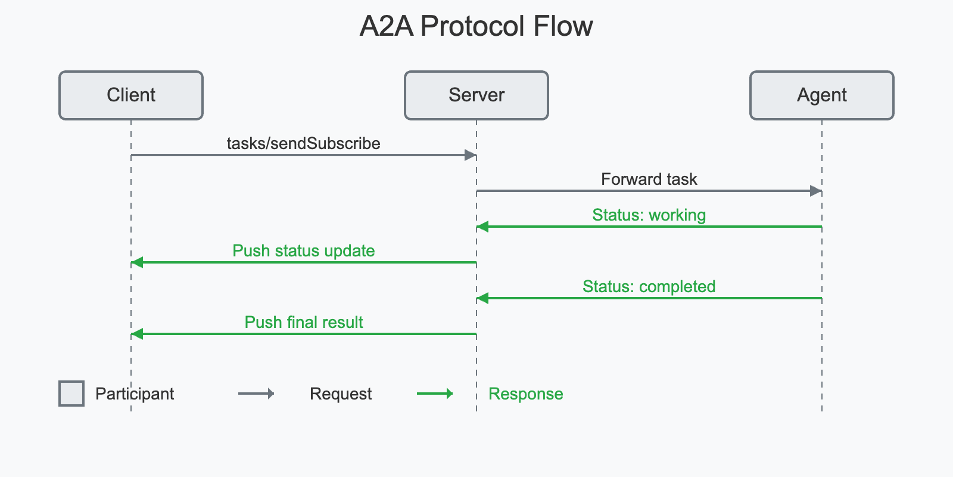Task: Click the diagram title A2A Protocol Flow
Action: pos(476,27)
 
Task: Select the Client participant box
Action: pos(131,95)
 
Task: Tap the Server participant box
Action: pos(476,95)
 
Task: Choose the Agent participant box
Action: pos(822,95)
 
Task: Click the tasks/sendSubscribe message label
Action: pos(303,144)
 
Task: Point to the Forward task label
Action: pos(649,179)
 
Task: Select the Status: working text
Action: pos(649,215)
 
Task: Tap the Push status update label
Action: pos(303,251)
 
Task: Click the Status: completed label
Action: pos(649,287)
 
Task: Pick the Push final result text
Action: pos(303,323)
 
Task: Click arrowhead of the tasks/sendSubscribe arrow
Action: pos(471,155)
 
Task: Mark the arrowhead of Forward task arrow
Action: pos(816,191)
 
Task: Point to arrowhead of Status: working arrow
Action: pos(482,227)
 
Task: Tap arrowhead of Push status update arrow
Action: pos(137,262)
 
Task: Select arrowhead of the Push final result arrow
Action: pos(137,334)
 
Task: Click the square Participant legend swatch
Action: pos(71,394)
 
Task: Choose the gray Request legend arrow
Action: pos(256,394)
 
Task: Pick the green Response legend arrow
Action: pos(435,394)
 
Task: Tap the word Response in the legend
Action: pos(525,394)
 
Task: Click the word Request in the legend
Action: pos(340,394)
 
